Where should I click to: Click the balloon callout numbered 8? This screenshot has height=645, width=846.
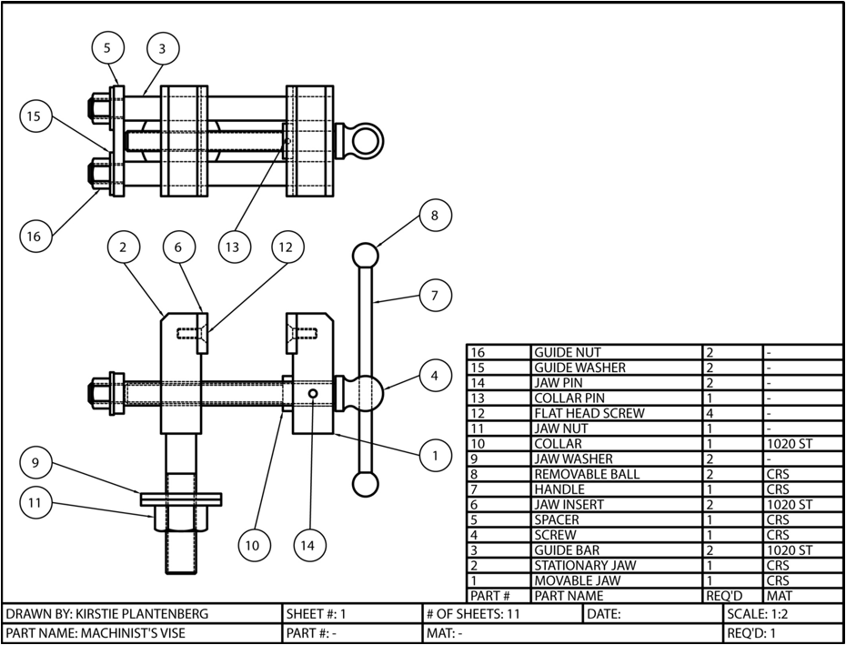(x=435, y=216)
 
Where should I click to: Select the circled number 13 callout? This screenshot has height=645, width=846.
(x=234, y=246)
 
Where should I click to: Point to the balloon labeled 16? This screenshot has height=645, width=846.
(x=35, y=236)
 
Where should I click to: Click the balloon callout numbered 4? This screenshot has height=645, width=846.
(x=435, y=374)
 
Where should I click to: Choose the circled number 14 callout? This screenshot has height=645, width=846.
(x=309, y=545)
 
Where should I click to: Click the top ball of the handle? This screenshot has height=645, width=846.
(x=365, y=255)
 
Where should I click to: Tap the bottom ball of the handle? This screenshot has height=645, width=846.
(x=365, y=484)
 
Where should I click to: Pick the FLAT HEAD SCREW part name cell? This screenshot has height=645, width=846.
(x=589, y=413)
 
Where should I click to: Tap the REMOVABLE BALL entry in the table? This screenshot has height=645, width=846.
(x=586, y=474)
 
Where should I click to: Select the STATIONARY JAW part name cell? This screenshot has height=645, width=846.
(x=584, y=565)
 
